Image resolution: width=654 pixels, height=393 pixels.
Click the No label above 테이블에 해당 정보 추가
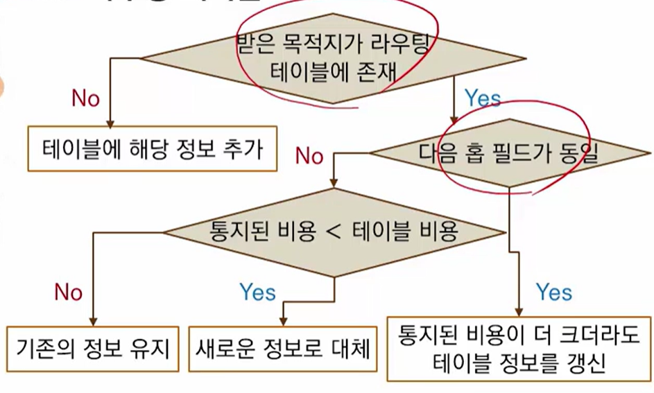tap(85, 98)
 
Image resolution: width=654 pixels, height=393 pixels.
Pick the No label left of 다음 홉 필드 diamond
tap(309, 156)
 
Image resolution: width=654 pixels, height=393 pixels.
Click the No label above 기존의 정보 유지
tap(68, 292)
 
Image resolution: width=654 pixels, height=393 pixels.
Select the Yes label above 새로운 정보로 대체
tap(257, 292)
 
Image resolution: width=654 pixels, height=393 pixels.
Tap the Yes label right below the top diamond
tap(482, 98)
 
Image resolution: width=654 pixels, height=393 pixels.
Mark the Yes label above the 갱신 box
tap(554, 292)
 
